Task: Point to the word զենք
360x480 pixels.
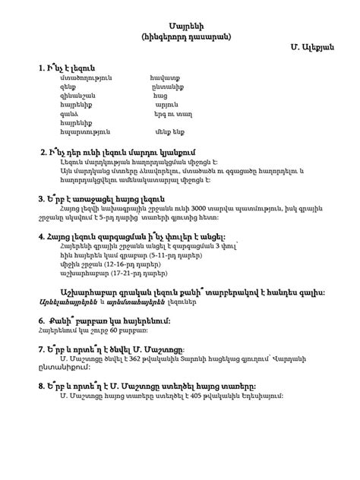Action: click(67, 87)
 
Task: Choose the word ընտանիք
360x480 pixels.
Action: click(166, 87)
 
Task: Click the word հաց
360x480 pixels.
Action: click(159, 98)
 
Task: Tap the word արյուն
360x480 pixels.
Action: click(164, 109)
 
